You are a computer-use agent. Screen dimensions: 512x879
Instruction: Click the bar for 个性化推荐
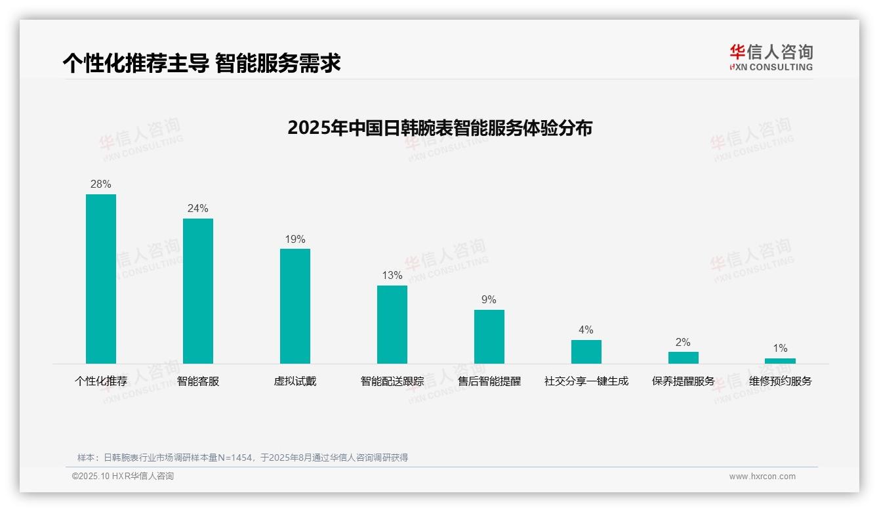tap(101, 279)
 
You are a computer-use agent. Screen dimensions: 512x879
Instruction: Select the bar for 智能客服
tap(198, 291)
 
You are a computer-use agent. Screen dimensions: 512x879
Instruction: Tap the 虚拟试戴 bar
tap(295, 306)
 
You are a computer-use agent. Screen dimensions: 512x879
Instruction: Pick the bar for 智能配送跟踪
tap(392, 324)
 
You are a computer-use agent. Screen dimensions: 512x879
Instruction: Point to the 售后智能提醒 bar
tap(489, 337)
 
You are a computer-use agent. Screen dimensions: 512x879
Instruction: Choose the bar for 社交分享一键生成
tap(586, 352)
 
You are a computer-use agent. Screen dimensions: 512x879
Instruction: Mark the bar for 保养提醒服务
tap(684, 358)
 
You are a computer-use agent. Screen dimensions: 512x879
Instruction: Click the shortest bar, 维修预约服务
tap(780, 361)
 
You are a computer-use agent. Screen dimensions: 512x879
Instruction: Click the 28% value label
tap(101, 184)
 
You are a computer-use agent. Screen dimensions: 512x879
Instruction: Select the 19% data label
tap(295, 240)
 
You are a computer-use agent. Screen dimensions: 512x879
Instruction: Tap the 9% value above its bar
tap(489, 300)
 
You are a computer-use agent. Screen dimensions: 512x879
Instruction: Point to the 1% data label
tap(780, 349)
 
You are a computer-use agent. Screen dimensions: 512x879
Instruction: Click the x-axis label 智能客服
tap(198, 381)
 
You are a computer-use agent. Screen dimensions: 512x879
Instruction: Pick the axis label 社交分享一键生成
tap(586, 381)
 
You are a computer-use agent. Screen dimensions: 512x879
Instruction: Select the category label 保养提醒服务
tap(684, 381)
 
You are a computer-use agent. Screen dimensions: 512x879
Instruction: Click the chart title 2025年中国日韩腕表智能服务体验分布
tap(439, 128)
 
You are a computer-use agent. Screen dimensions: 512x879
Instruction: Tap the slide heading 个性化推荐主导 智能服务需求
tap(201, 64)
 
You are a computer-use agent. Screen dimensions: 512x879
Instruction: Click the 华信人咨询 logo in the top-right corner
tap(771, 58)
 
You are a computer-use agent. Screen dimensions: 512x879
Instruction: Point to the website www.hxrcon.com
tap(762, 477)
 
